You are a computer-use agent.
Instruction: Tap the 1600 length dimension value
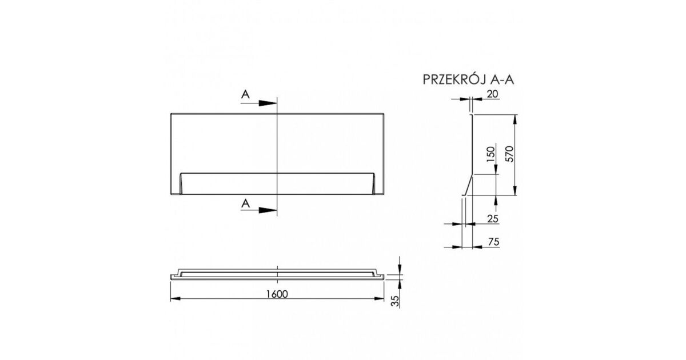click(x=277, y=294)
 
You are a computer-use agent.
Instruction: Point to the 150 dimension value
click(x=490, y=154)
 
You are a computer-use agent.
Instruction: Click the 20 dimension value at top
click(x=492, y=94)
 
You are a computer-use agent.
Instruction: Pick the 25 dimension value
click(x=493, y=218)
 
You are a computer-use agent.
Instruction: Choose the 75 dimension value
click(x=494, y=242)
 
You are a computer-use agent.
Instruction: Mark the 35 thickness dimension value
click(x=396, y=301)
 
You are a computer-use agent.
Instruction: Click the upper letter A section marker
click(x=245, y=94)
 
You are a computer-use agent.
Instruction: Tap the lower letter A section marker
click(x=245, y=203)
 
